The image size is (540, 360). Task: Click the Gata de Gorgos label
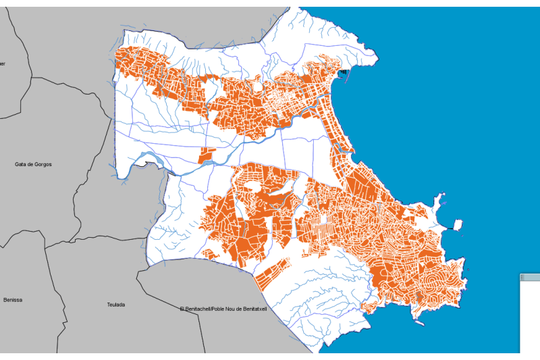point(33,164)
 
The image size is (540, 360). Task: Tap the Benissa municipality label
point(13,300)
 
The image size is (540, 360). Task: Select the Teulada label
point(116,305)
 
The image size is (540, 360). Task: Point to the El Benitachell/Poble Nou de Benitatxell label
point(223,309)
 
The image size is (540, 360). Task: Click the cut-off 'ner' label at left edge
point(3,63)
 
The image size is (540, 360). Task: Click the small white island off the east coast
point(457,224)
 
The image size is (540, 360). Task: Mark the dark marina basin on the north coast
point(344,71)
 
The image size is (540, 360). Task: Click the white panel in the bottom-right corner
point(530,317)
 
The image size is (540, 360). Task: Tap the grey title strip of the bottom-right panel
point(530,277)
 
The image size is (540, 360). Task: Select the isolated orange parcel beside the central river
point(206,155)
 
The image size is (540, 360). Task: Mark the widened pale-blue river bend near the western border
point(145,160)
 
